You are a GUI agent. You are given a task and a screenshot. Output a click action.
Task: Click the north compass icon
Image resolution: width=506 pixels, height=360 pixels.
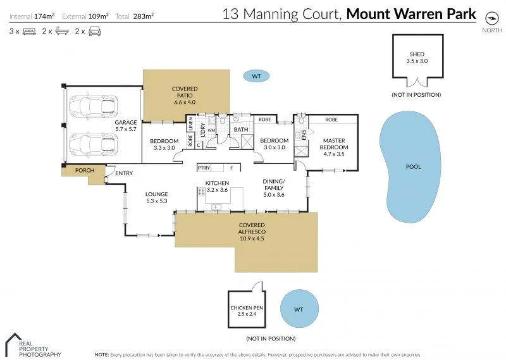coord(492,18)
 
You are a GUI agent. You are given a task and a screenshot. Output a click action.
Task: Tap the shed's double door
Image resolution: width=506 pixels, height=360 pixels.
coord(417,82)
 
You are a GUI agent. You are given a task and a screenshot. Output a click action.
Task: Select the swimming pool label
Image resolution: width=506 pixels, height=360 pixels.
coord(414,166)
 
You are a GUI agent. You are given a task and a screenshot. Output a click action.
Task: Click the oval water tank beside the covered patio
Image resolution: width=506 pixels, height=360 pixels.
coord(256,76)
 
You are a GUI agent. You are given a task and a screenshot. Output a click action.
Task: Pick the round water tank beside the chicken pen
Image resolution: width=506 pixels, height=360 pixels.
coord(299,309)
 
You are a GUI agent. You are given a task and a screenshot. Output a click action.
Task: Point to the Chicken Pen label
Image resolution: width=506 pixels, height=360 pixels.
coord(247,307)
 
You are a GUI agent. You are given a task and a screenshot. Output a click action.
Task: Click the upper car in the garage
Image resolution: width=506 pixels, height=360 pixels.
coord(94,106)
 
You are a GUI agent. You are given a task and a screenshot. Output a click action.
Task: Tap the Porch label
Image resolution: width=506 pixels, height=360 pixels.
coord(85,170)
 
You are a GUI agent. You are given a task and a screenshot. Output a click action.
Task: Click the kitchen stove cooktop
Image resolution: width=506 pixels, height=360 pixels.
coord(201,192)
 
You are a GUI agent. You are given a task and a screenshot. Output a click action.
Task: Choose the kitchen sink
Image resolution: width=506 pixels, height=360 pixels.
coord(216,207)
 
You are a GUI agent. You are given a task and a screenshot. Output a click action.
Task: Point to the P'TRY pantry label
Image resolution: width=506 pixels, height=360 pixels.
coord(204,168)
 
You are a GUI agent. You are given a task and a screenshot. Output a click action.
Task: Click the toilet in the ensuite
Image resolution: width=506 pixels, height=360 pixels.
coord(301,121)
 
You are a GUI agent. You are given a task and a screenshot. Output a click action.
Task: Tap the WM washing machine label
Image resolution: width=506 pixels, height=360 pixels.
coord(211,130)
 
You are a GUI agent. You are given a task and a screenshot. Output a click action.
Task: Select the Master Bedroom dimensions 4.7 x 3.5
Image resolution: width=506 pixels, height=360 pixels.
coord(334,154)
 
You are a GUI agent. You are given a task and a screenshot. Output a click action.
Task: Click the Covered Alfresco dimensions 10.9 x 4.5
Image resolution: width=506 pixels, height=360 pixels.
coord(252,239)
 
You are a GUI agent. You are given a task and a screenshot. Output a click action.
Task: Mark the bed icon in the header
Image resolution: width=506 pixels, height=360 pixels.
coord(29,32)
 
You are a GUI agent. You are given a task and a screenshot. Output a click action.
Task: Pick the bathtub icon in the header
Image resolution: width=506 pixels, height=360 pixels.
coord(62,31)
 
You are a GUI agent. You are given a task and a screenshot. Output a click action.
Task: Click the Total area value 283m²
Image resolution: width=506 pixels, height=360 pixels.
coord(144,16)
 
